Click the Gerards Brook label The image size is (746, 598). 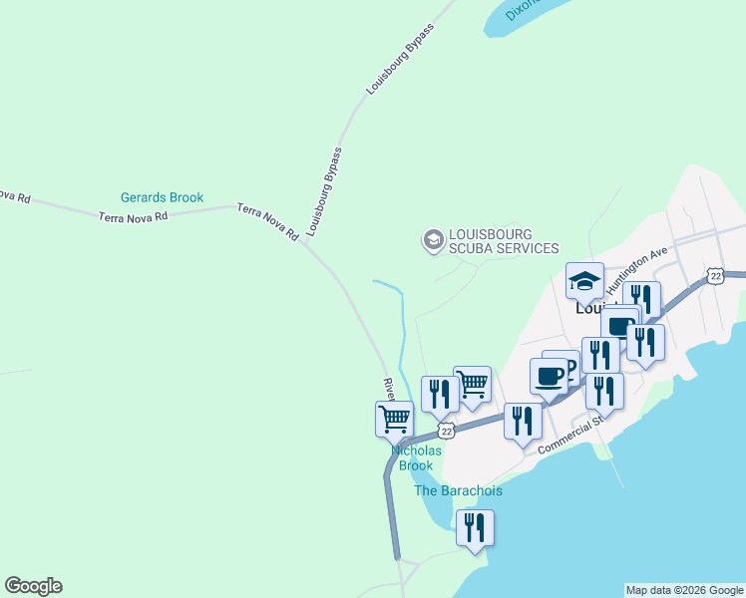(x=162, y=197)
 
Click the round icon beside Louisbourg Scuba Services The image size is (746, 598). (x=433, y=239)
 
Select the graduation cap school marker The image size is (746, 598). (x=584, y=280)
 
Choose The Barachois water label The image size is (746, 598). (x=458, y=490)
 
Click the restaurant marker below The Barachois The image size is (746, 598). (x=475, y=527)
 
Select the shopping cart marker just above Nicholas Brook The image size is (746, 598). (x=394, y=419)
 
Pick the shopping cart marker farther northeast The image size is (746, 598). (x=472, y=384)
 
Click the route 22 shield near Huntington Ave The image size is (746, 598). (x=714, y=275)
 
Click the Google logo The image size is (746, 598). (x=33, y=586)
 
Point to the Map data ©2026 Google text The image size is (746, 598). (x=684, y=590)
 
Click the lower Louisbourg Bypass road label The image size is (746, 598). (x=325, y=192)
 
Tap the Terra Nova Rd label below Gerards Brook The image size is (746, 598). (x=133, y=216)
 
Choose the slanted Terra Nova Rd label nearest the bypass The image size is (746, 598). (x=267, y=221)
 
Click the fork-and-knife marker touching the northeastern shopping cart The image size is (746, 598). (x=440, y=394)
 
